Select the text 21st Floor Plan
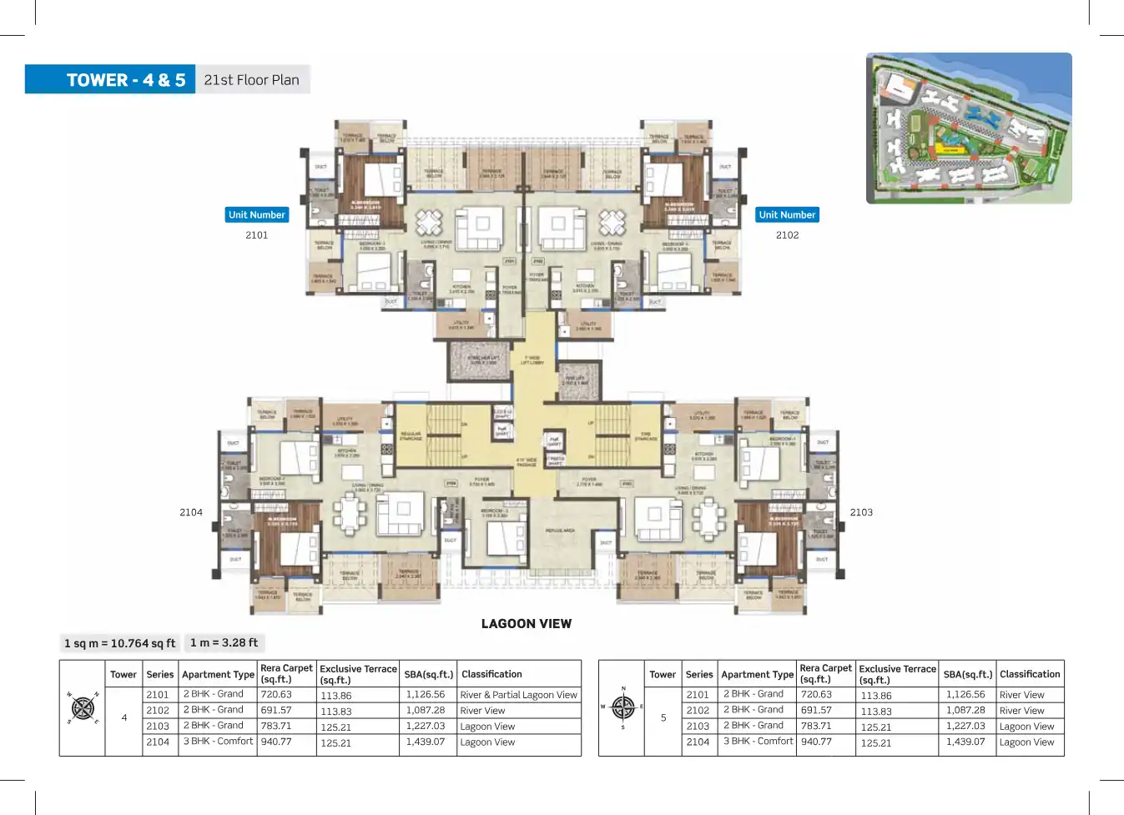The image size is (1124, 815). [251, 80]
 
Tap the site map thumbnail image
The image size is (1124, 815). [969, 128]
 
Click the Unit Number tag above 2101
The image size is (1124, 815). [257, 215]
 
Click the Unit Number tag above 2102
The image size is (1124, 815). [787, 215]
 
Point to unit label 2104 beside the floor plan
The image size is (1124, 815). [191, 512]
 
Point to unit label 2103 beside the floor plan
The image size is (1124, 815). [861, 512]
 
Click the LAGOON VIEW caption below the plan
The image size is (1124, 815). [527, 624]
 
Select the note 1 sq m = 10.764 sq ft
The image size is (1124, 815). [120, 643]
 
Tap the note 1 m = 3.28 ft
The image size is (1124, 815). [224, 642]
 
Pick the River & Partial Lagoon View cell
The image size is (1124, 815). [518, 695]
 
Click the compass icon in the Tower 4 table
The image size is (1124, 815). [83, 708]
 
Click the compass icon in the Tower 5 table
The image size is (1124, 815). [622, 707]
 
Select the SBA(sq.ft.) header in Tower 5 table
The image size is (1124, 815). [967, 674]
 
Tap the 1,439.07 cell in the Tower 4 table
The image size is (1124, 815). [426, 742]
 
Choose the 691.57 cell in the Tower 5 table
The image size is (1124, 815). [816, 710]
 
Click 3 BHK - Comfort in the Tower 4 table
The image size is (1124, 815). [218, 741]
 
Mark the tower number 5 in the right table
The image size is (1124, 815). [663, 717]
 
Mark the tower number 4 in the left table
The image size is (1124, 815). [124, 717]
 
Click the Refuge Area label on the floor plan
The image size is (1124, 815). [560, 531]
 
